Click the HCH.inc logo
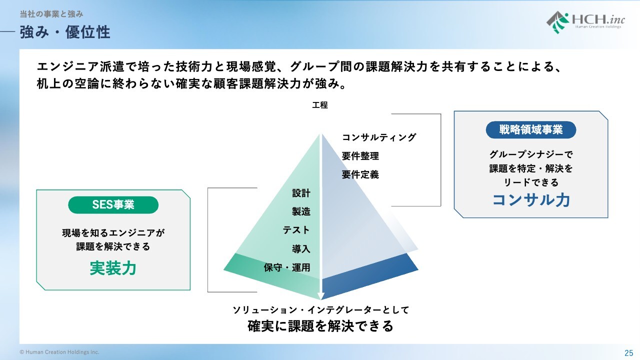click(585, 22)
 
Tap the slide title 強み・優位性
click(65, 32)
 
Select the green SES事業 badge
click(113, 205)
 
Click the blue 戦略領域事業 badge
click(531, 129)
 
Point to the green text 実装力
click(113, 268)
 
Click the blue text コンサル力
click(531, 199)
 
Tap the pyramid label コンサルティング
click(379, 137)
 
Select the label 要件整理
click(360, 156)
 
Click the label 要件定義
click(360, 174)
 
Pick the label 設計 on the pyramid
click(301, 193)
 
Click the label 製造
click(301, 211)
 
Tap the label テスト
click(296, 230)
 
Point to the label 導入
click(301, 249)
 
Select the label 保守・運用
click(287, 267)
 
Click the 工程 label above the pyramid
click(320, 105)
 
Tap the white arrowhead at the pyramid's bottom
click(321, 296)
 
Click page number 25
click(628, 353)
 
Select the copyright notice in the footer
click(59, 352)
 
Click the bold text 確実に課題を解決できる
click(320, 326)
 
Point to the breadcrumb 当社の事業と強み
click(51, 14)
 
